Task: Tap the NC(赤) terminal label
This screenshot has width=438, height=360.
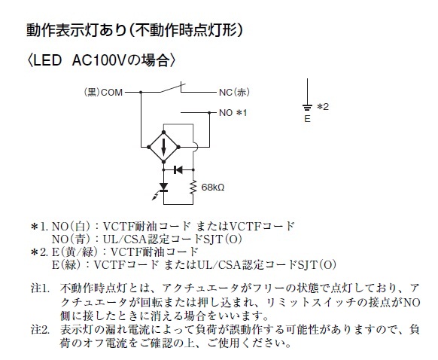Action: click(234, 93)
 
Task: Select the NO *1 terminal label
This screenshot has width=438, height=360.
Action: click(233, 113)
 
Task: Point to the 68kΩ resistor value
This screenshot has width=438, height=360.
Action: click(212, 188)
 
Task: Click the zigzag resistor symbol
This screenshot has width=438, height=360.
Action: click(193, 188)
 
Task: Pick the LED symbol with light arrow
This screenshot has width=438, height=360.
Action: click(162, 190)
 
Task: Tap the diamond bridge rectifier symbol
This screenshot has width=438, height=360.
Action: click(164, 147)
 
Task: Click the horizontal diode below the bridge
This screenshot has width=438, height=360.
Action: click(178, 169)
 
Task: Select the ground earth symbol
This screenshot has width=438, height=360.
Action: click(307, 107)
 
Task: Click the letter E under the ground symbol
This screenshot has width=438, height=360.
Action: click(307, 119)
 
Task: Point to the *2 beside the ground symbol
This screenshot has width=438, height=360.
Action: click(323, 107)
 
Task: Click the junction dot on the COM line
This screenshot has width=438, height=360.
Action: click(141, 92)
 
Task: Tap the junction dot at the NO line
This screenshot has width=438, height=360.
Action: click(209, 113)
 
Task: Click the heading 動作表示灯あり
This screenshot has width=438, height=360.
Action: click(77, 30)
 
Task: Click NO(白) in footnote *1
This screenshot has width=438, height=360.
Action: click(71, 226)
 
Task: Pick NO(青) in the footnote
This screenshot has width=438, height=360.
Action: click(71, 239)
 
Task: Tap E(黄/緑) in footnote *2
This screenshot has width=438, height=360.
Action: click(75, 252)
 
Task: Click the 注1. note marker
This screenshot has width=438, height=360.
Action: click(40, 288)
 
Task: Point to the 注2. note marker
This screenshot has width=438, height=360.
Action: click(40, 330)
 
